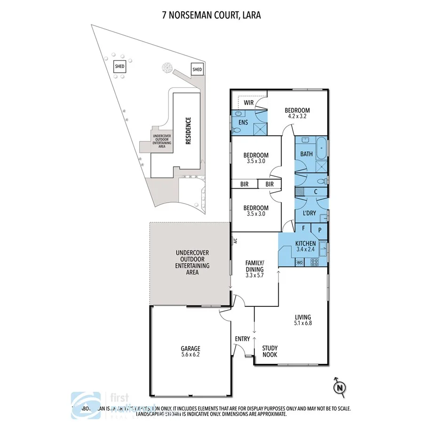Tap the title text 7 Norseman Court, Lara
(x=211, y=15)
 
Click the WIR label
(x=249, y=102)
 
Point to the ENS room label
(x=243, y=122)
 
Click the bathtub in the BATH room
(x=322, y=148)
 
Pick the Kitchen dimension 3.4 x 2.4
(x=305, y=250)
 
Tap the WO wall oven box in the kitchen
(x=299, y=263)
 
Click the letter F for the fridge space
(x=304, y=228)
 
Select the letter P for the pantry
(x=319, y=230)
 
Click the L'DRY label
(x=309, y=213)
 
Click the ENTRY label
(x=243, y=338)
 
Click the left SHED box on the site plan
(x=119, y=67)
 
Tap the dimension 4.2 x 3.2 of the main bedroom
(x=298, y=117)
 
